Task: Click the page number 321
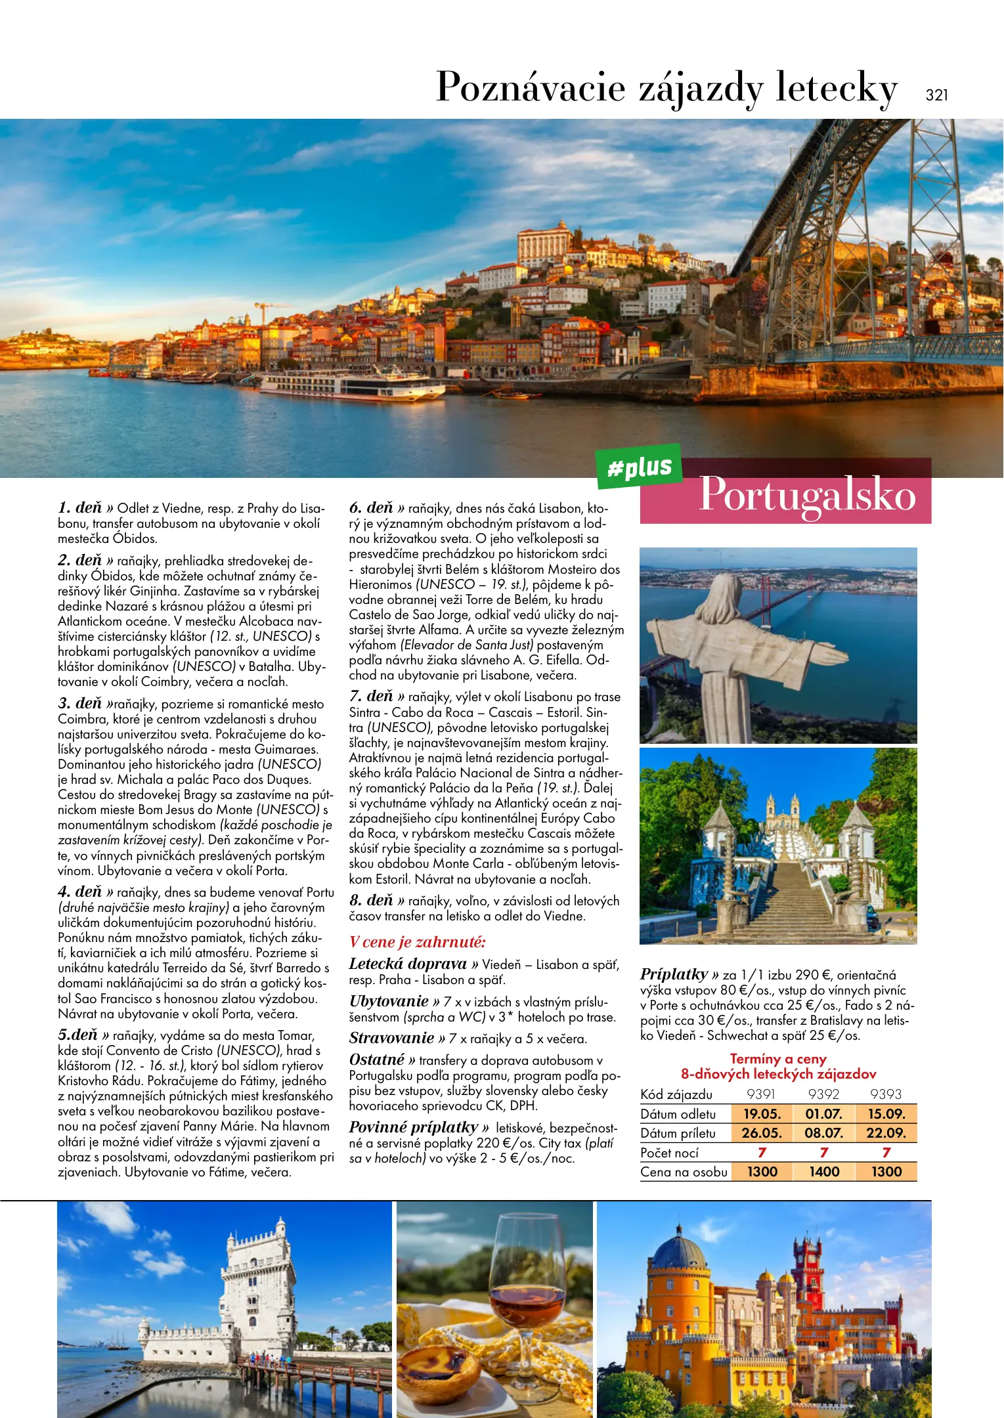tap(936, 95)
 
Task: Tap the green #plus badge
tap(639, 467)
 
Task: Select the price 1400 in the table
tap(824, 1172)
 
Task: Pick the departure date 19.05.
tap(762, 1114)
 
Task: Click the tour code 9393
tap(885, 1094)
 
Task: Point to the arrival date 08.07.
tap(823, 1133)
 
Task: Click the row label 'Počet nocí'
tap(670, 1153)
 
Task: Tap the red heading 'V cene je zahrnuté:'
tap(418, 942)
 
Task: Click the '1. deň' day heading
tap(80, 507)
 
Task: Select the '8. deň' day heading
tap(371, 900)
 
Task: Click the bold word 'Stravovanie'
tap(391, 1038)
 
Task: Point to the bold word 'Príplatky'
tap(674, 974)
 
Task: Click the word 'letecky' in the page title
tap(836, 87)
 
